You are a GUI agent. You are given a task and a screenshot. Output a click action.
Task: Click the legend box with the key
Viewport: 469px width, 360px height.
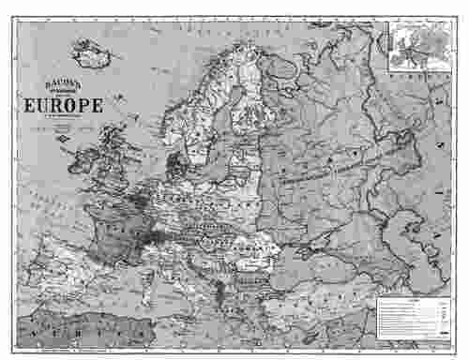(413, 314)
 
